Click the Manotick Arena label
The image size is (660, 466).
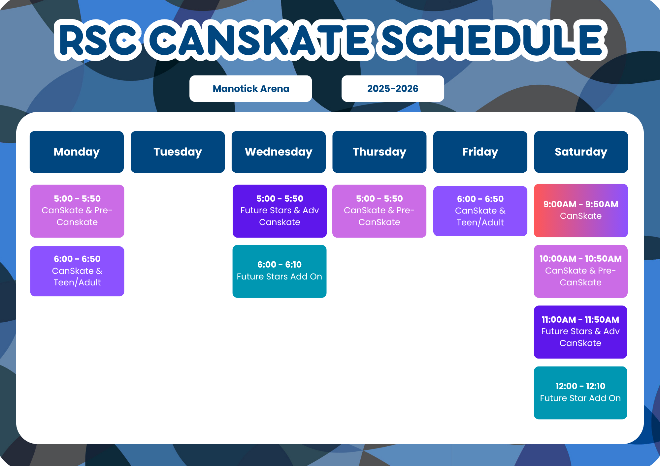pos(250,89)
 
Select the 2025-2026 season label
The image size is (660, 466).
pos(392,89)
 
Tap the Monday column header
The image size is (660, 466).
pos(77,152)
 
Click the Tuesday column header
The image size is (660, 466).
pos(178,152)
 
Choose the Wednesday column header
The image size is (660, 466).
pos(279,152)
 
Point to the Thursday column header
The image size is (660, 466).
pos(379,152)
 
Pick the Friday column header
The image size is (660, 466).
pos(480,152)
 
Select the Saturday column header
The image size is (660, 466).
pos(581,152)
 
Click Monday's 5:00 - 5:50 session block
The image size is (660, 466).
pos(77,211)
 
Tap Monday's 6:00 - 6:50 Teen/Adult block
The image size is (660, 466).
pos(77,271)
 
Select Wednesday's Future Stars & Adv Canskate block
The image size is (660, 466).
pos(280,211)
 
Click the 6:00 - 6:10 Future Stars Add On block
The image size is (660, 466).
pos(280,271)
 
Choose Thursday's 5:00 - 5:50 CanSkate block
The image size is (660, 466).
pos(379,211)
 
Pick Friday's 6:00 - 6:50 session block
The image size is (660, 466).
pos(480,211)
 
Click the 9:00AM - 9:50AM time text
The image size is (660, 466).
pos(581,204)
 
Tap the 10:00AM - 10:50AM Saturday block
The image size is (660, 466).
pos(581,271)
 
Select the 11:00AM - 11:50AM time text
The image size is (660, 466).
pos(580,320)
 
